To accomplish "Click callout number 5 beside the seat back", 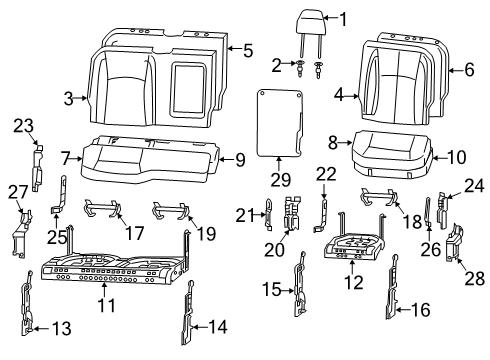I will pos(249,47).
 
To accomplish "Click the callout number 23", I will pos(23,125).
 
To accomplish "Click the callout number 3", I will pos(69,98).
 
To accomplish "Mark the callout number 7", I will pos(66,158).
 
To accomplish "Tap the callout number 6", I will pos(469,69).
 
